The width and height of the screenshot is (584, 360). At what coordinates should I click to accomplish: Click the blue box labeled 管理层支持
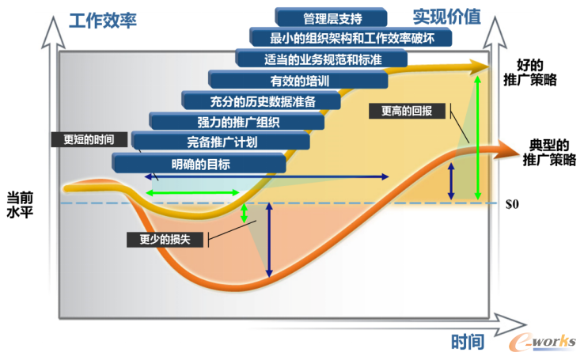332,17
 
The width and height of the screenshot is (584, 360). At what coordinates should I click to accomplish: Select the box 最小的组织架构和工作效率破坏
351,37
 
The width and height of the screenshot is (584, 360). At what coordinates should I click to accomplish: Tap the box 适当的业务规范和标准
322,59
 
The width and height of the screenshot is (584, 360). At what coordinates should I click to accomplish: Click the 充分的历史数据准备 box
260,100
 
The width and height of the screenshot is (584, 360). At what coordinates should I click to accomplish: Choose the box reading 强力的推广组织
237,121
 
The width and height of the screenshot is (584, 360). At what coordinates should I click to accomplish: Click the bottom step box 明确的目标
199,164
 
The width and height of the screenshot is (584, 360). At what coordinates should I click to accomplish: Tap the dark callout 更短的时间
88,138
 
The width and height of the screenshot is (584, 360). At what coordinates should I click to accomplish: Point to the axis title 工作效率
103,19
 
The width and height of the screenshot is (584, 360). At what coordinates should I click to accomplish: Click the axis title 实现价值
446,16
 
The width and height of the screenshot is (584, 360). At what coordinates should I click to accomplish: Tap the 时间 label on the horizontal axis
468,342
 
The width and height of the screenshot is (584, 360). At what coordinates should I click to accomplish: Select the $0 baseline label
512,204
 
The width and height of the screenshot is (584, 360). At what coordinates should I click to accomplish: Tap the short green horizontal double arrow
192,192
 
